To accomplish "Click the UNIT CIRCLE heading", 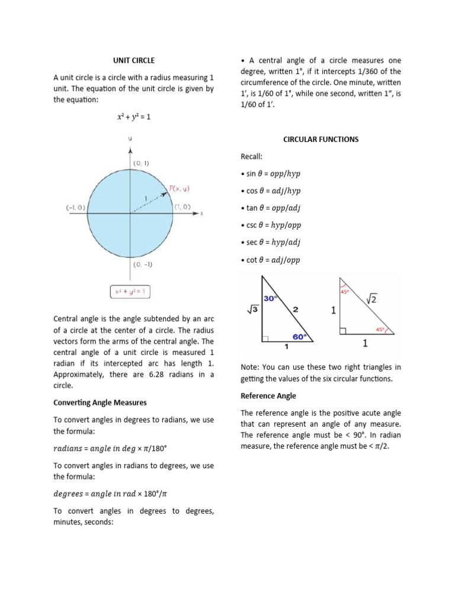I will (134, 60).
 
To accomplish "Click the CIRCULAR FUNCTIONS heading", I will (321, 140).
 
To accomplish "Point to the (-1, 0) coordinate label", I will (76, 207).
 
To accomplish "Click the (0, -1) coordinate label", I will (143, 265).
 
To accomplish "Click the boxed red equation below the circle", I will (130, 291).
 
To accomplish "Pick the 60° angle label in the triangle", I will (300, 336).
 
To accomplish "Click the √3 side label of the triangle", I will (252, 308).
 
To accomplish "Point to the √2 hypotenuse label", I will (371, 300).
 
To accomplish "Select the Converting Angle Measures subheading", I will (100, 402).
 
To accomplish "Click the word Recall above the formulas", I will (251, 157).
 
